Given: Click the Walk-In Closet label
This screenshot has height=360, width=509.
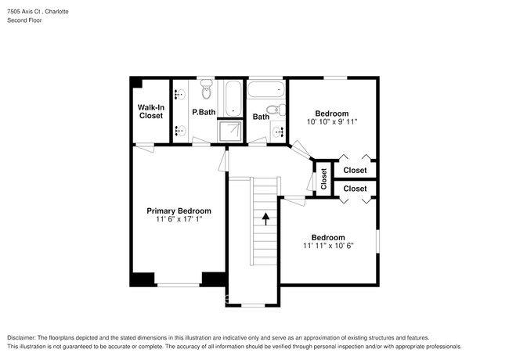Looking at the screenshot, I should [150, 111].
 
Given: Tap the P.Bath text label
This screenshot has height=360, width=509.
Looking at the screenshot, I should [204, 112].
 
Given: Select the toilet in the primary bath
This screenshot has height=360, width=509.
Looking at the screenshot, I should [207, 92].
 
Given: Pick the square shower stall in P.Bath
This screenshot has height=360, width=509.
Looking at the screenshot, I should [231, 130].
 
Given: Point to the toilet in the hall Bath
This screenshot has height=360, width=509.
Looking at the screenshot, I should [273, 110].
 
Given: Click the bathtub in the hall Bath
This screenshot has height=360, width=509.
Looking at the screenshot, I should [265, 89].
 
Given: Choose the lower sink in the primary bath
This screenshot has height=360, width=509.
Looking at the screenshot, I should [177, 130].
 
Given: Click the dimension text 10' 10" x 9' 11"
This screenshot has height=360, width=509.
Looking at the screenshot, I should [331, 122].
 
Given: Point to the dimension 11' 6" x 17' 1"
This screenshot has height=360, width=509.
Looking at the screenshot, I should [179, 220].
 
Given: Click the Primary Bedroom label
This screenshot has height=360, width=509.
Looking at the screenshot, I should [179, 211].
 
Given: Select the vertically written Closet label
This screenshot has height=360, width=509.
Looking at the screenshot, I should [323, 179].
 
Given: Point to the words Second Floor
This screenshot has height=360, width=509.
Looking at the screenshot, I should [24, 20].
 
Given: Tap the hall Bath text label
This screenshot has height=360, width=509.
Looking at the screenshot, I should [261, 117].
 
